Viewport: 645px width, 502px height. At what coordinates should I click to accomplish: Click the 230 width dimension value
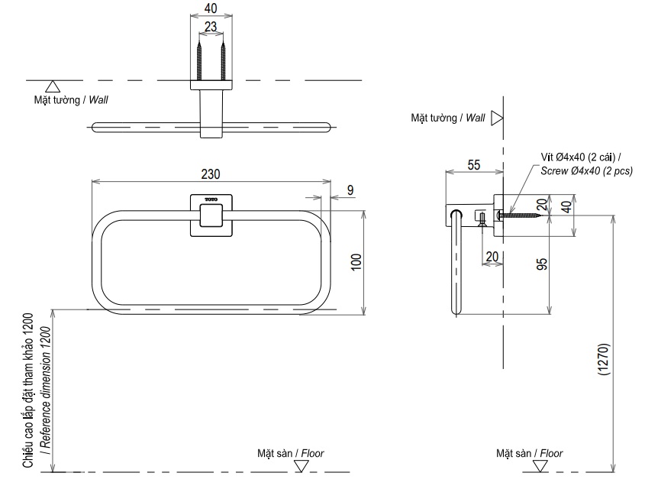(x=212, y=173)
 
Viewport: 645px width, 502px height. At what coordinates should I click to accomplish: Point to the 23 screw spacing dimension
(x=211, y=27)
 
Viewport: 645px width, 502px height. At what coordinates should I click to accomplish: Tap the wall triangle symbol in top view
(x=53, y=87)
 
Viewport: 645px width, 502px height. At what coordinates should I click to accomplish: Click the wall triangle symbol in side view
(x=497, y=118)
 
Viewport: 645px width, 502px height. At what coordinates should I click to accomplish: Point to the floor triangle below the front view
(x=299, y=465)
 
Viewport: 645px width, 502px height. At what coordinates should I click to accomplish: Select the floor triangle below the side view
(x=540, y=465)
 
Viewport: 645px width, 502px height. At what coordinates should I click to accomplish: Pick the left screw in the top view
(x=200, y=61)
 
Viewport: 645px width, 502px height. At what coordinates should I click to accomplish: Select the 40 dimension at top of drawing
(x=211, y=8)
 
